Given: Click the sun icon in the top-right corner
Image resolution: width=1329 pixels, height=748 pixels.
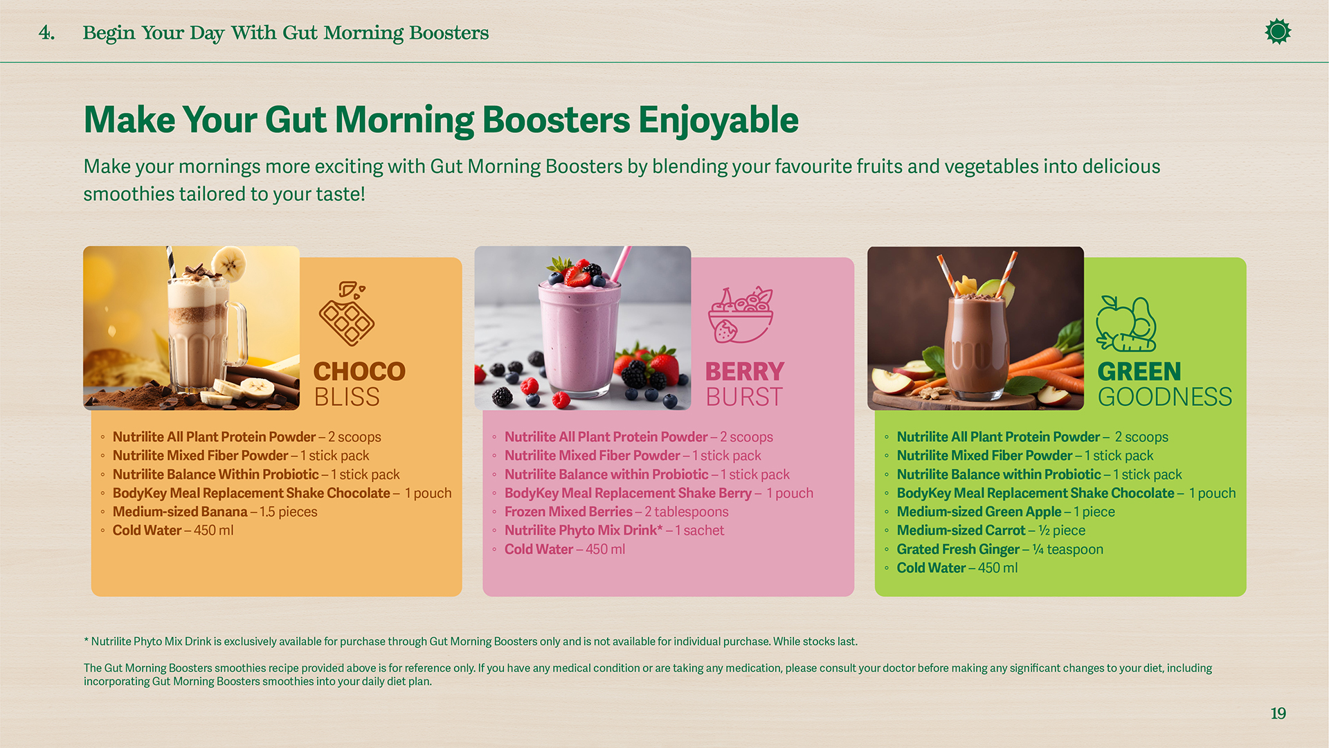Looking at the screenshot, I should [1278, 32].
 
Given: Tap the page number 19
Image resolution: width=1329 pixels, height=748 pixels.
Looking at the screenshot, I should [1278, 713].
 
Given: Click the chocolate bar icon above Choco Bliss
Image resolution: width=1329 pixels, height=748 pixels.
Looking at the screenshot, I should [346, 313].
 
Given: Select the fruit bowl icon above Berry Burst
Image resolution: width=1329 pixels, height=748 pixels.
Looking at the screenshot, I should [740, 315].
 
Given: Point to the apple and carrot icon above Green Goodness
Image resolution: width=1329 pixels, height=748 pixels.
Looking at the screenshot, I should [1126, 324].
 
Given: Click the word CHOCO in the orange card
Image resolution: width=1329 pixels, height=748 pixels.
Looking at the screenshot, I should [359, 372].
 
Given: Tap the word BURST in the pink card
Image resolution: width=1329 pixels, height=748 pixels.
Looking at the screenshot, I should [744, 398].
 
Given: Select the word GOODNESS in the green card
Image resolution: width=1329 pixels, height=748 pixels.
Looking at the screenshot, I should [1164, 398].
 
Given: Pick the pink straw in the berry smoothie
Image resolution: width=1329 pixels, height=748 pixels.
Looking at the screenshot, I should [621, 263].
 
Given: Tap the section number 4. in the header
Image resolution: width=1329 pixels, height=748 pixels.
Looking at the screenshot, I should [46, 33].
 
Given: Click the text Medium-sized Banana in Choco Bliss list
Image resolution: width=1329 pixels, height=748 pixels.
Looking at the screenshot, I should [180, 512].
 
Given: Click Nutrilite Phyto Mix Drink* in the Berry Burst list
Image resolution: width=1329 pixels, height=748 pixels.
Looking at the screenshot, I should [583, 531].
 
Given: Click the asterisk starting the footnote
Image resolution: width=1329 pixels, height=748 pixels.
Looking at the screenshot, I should [87, 641].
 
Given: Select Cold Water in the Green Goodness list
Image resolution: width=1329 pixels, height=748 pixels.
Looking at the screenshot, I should [931, 568].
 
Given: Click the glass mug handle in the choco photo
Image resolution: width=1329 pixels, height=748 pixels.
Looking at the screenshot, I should [237, 332].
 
